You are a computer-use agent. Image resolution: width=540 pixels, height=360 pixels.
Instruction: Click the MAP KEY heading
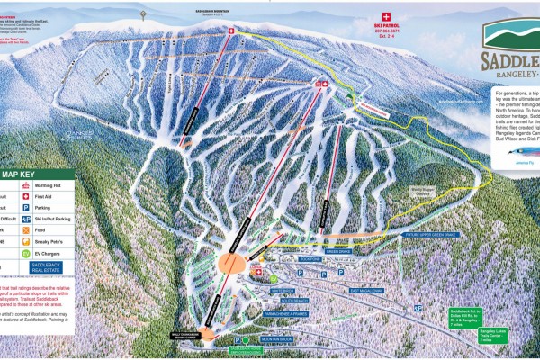pos(22,175)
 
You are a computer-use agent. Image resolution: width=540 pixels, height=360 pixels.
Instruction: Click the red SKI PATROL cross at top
pos(388,17)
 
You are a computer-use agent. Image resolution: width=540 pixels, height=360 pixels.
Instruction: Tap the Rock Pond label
pos(310,257)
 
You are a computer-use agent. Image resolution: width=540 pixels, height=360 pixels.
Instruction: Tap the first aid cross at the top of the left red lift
pos(229,32)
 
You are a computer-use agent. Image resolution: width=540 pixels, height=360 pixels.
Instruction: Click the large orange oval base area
pos(231,263)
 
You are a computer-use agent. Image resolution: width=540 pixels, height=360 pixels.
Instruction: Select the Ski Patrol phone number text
pos(389,39)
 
